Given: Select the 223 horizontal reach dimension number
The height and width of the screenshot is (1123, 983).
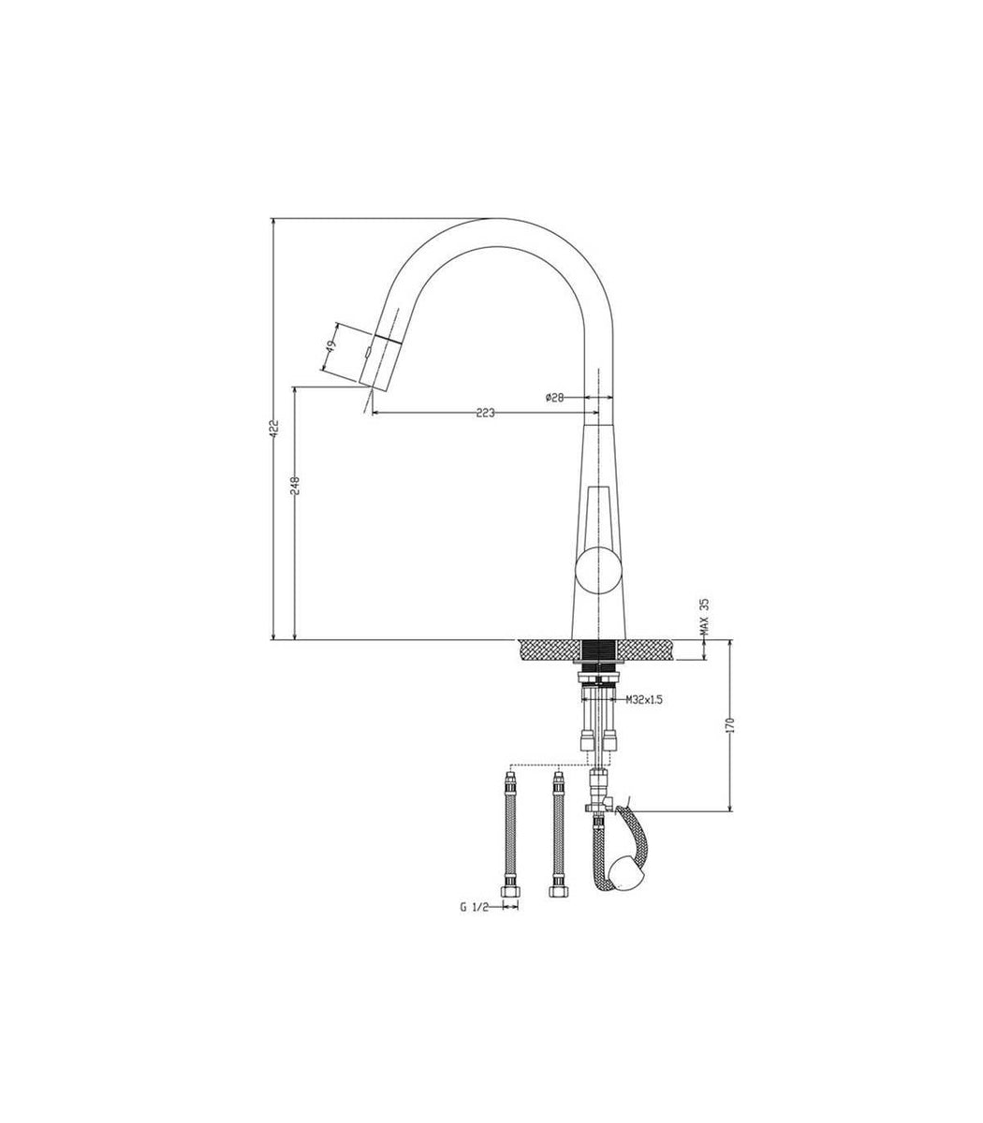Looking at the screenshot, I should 485,413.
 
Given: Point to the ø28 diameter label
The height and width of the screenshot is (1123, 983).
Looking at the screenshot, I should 554,398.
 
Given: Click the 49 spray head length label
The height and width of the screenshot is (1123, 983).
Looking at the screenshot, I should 330,347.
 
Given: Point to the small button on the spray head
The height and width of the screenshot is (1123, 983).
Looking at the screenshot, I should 369,355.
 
